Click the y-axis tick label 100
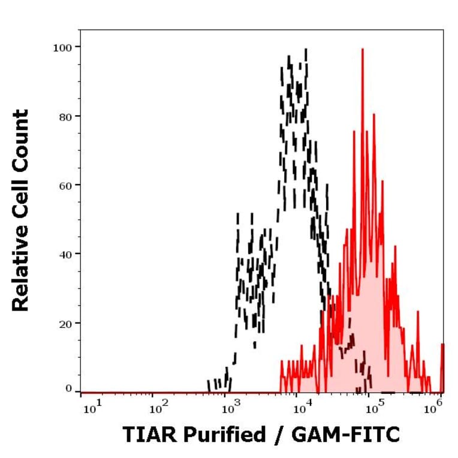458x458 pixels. coord(62,47)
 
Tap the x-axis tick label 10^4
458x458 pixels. coord(301,409)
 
